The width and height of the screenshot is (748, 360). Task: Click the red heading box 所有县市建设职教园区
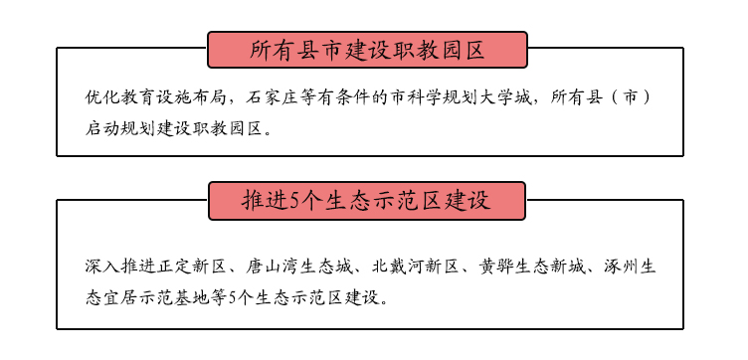tap(367, 50)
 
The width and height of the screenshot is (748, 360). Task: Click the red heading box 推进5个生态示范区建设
tap(367, 201)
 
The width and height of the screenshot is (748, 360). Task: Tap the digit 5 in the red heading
tap(293, 201)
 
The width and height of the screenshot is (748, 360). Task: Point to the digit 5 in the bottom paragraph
tap(233, 298)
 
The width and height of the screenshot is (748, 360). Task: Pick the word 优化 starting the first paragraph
tap(103, 97)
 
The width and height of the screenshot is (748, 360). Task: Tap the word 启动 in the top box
tap(103, 128)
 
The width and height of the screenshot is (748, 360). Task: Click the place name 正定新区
tap(193, 268)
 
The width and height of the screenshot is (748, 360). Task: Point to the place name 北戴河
tap(398, 268)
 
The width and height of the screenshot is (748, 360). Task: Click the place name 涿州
tap(621, 268)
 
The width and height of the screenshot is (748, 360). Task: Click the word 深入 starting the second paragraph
tap(103, 268)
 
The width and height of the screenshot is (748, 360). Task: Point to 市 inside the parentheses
tap(631, 97)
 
